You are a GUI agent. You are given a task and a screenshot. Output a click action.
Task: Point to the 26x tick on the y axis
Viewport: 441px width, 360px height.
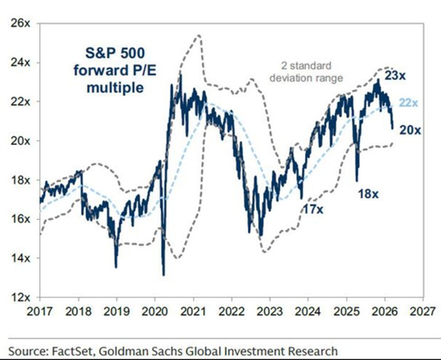(x=20, y=23)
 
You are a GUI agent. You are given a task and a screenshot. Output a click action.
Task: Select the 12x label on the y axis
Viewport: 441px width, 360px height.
(x=20, y=297)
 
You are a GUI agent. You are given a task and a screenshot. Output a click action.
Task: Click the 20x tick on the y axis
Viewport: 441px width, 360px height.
(x=20, y=141)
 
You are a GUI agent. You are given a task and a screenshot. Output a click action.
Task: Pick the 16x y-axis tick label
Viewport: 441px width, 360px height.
(x=20, y=219)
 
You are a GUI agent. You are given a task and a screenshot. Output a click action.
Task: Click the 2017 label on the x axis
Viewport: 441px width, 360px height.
(x=41, y=310)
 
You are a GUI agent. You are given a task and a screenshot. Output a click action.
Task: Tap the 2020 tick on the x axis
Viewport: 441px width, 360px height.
(x=155, y=310)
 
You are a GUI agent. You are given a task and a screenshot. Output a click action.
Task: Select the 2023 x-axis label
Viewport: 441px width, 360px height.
(x=271, y=310)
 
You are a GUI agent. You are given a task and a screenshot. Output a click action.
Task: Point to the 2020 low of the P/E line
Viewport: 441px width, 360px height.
(x=163, y=275)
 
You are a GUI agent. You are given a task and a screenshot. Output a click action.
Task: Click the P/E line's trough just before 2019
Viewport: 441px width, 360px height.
(x=116, y=266)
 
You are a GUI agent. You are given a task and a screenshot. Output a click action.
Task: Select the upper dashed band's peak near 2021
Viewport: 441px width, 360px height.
(x=198, y=34)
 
